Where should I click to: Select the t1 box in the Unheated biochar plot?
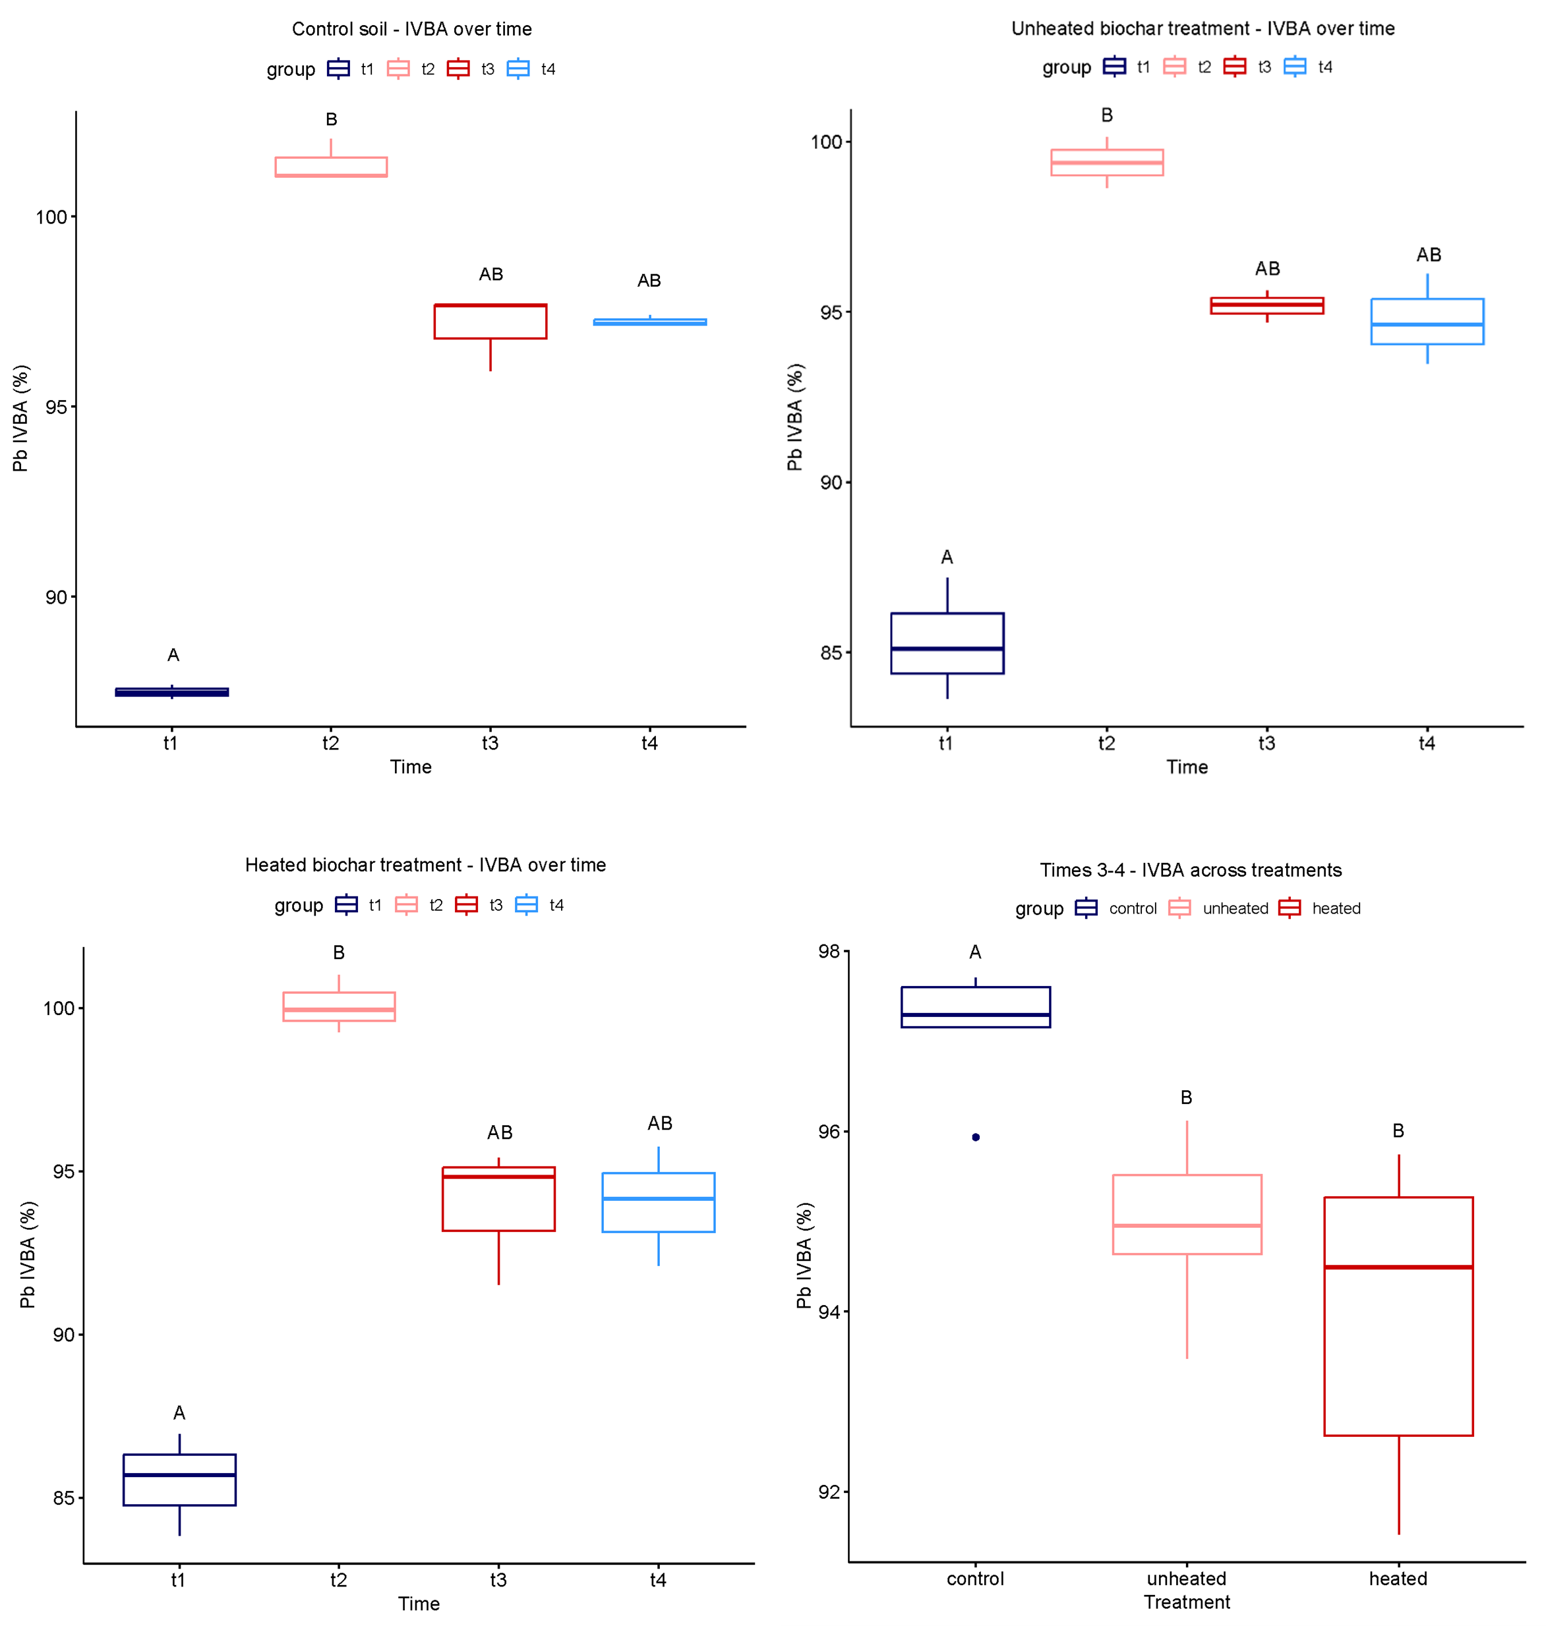pos(947,643)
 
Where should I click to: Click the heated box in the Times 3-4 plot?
pos(1398,1316)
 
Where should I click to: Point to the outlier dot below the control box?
pos(976,1137)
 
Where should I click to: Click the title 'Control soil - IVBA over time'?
pos(411,29)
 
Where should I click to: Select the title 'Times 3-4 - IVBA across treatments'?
pos(1190,870)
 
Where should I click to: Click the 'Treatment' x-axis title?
pos(1187,1602)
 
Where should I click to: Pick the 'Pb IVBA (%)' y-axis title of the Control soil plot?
pos(20,419)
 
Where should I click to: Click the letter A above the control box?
pos(975,952)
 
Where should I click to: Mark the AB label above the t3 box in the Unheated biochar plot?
pos(1266,268)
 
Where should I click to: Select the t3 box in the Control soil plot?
pos(491,321)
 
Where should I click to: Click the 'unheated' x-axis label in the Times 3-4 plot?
pos(1187,1579)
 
